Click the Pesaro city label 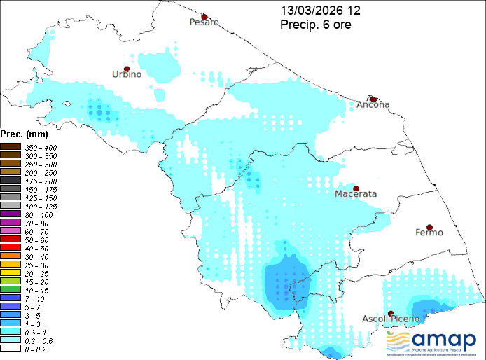[x=204, y=22]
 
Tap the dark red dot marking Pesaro [x=204, y=16]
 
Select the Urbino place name [x=127, y=74]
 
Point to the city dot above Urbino [x=127, y=69]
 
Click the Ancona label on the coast [x=373, y=105]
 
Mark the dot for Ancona [x=373, y=99]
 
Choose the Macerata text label [x=356, y=193]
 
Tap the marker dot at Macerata [x=356, y=188]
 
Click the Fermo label [x=429, y=233]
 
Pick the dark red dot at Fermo [x=429, y=228]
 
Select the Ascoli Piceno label [x=390, y=319]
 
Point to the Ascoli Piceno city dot [x=391, y=313]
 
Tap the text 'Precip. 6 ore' [x=316, y=25]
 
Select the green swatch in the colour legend [x=11, y=289]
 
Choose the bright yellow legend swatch [x=11, y=272]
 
